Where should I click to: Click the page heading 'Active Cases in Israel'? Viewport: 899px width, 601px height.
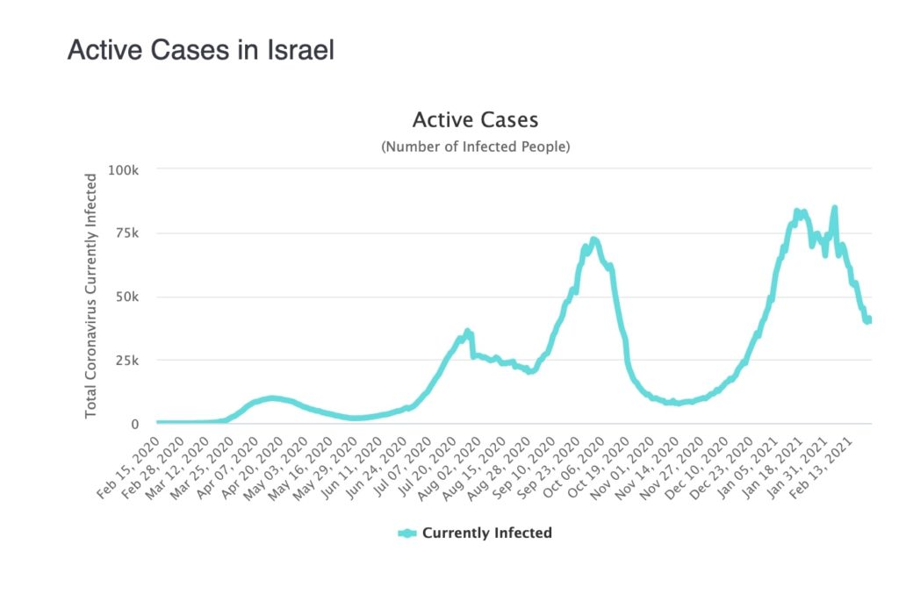pos(200,50)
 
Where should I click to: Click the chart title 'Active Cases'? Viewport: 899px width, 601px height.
pos(475,119)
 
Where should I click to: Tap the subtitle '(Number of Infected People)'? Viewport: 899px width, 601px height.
pos(475,147)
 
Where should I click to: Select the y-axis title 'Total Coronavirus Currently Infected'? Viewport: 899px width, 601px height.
pos(90,296)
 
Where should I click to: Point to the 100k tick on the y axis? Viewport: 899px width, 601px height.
pos(123,169)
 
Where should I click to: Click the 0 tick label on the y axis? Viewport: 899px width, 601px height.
pos(135,424)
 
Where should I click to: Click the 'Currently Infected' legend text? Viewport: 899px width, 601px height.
pos(487,533)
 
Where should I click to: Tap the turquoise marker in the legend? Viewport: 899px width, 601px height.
pos(407,533)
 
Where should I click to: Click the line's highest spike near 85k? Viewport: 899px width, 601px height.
pos(834,208)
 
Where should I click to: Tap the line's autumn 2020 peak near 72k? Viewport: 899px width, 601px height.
pos(594,240)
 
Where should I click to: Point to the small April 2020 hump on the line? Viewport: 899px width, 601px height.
pos(272,398)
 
